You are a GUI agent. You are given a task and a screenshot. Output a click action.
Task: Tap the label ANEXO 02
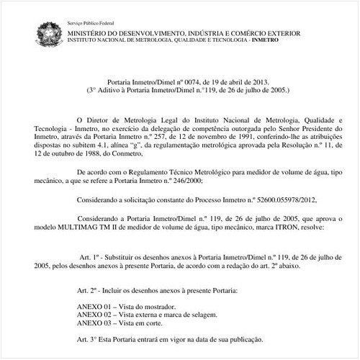(x=91, y=315)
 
